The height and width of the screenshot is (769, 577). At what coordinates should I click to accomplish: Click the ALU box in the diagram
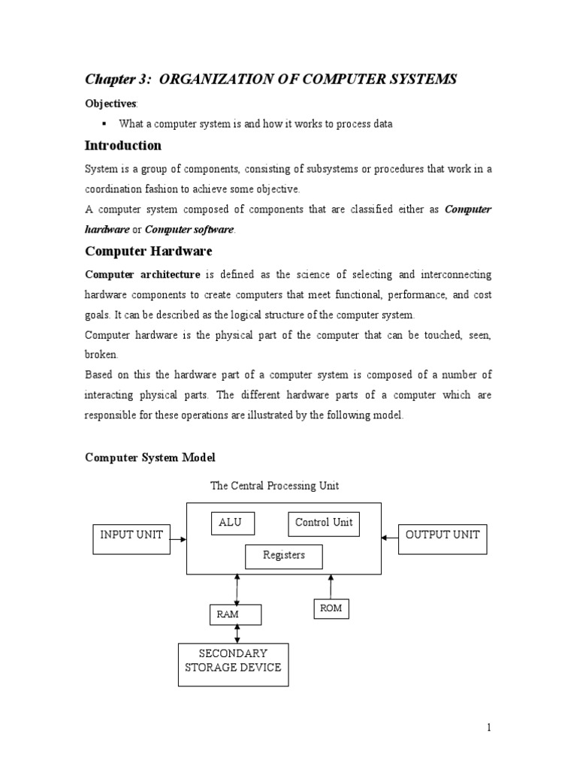pos(231,523)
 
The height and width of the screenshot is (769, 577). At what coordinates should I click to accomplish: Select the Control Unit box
pos(324,523)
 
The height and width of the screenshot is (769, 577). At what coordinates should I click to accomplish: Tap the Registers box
pos(284,556)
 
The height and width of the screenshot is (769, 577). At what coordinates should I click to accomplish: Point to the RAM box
pos(235,614)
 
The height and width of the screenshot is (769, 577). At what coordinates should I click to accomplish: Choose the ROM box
pos(331,608)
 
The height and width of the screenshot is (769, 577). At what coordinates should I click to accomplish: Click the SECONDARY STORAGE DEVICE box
pos(233,664)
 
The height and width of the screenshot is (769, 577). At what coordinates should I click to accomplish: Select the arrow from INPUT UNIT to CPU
pos(178,537)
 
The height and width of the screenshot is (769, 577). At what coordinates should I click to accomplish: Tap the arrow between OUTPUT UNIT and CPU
pos(390,537)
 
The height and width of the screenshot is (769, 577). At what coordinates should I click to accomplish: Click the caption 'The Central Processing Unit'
pos(274,486)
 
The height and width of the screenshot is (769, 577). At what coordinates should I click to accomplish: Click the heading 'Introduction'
pos(122,145)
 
